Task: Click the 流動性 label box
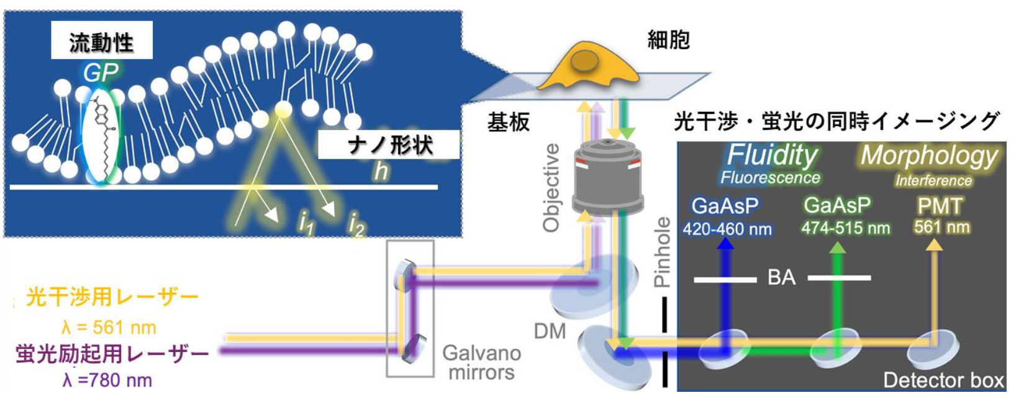click(101, 41)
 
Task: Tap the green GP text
click(101, 73)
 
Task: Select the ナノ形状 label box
click(389, 145)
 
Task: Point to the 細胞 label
click(668, 40)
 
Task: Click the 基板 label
click(508, 123)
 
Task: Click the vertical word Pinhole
click(663, 252)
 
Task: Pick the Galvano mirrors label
click(481, 363)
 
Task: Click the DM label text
click(550, 331)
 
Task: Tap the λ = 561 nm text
click(109, 327)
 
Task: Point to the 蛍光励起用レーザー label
click(112, 353)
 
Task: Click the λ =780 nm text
click(107, 380)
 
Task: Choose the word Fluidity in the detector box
click(772, 155)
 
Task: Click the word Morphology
click(929, 155)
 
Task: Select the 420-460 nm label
click(727, 229)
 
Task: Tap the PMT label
click(940, 206)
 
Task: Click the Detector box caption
click(943, 379)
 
